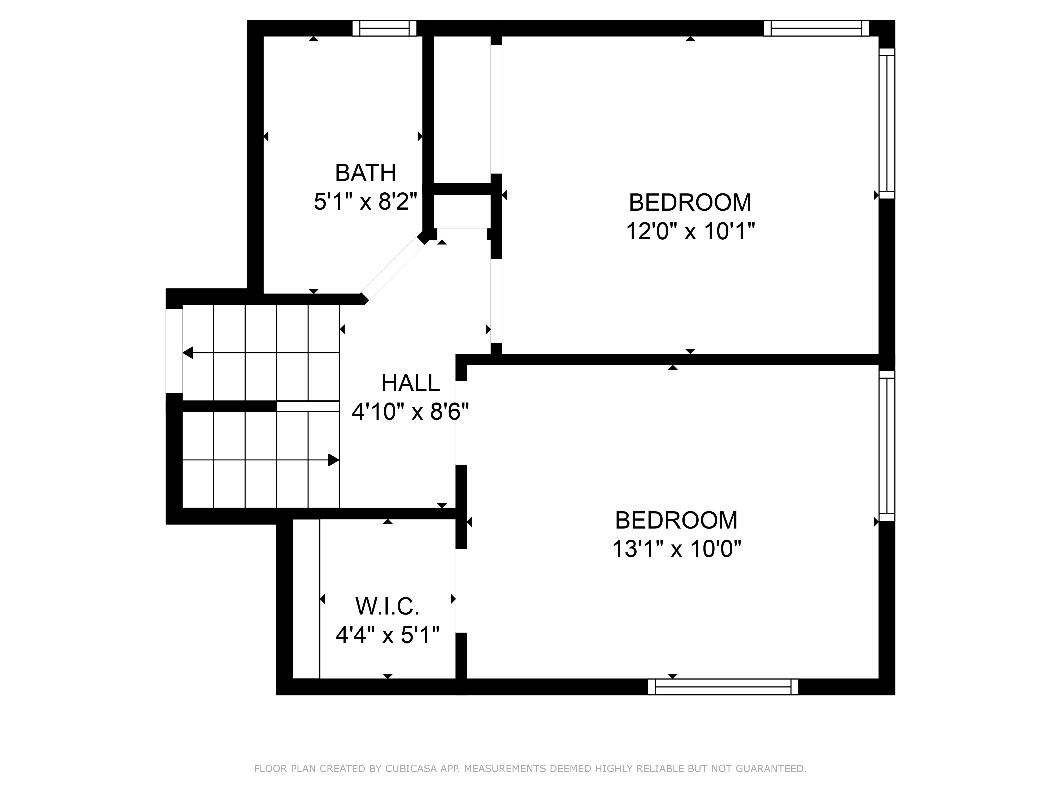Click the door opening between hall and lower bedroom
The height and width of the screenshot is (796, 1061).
[x=461, y=422]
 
